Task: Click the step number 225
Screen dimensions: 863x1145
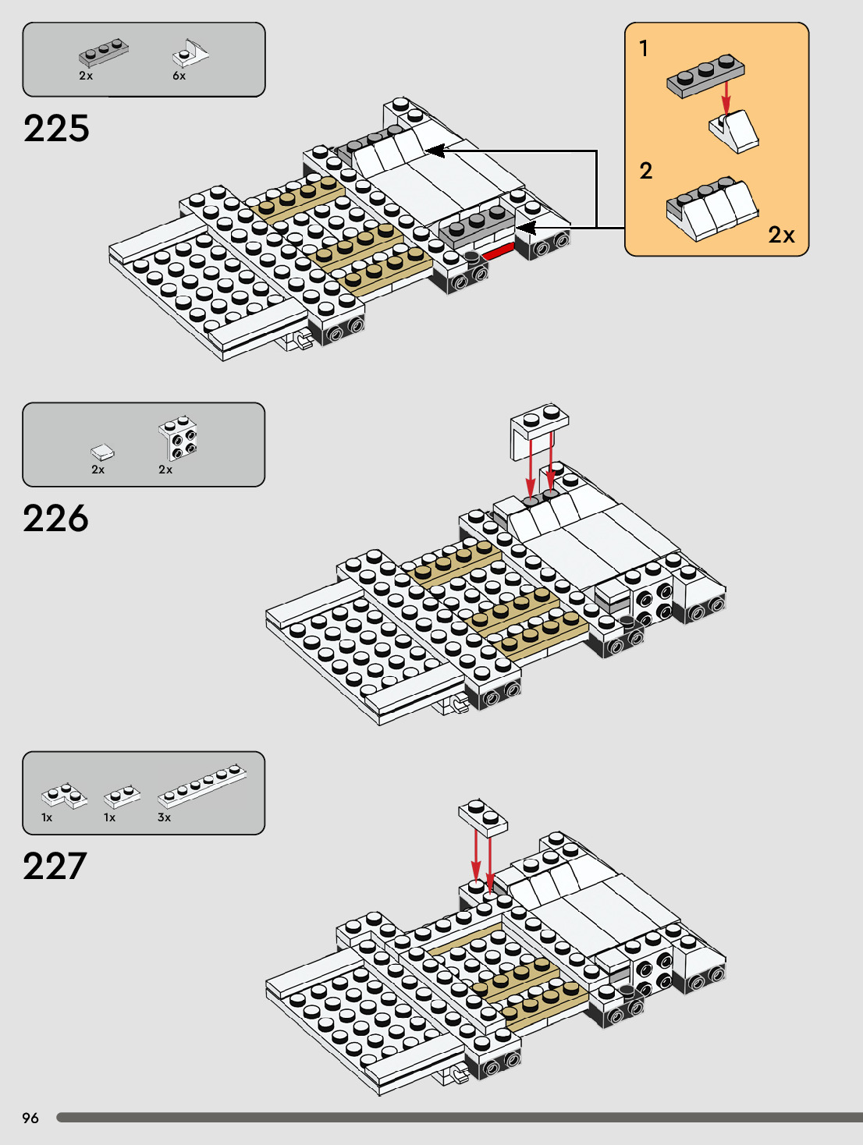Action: click(x=56, y=129)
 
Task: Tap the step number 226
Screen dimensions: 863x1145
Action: click(x=56, y=519)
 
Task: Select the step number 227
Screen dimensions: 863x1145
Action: click(x=55, y=867)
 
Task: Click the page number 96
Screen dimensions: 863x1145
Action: click(x=30, y=1118)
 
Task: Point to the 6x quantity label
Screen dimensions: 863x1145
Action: click(x=179, y=76)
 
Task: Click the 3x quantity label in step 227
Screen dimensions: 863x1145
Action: click(x=164, y=817)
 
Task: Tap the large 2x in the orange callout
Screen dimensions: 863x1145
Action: click(x=781, y=235)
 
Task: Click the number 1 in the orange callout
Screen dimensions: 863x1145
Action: click(x=644, y=49)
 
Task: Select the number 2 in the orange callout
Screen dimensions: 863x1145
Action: click(x=646, y=171)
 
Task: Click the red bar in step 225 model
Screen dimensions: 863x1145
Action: click(x=498, y=251)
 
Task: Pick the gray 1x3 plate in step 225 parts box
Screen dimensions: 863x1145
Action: click(x=103, y=53)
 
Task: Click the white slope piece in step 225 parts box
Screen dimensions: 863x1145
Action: click(x=190, y=54)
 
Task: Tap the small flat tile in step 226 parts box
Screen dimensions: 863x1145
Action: click(x=101, y=452)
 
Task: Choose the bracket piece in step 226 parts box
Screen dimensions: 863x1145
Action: click(x=179, y=438)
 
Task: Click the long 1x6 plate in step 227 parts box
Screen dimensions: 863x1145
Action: click(x=202, y=784)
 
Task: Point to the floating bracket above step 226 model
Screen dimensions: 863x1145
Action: click(x=538, y=430)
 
